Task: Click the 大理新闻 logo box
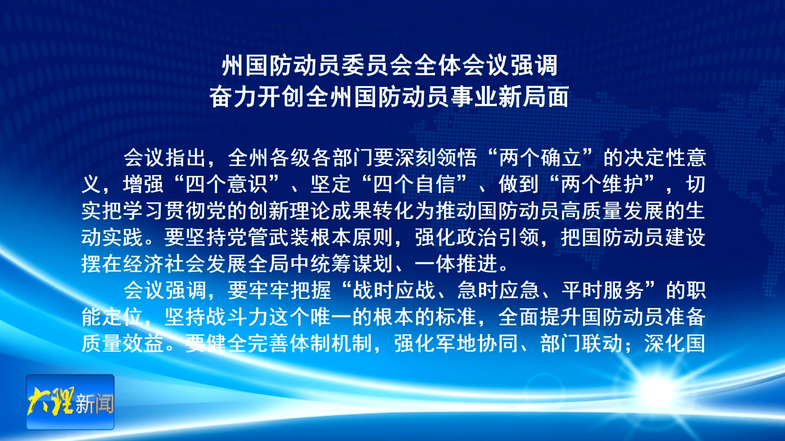(x=70, y=402)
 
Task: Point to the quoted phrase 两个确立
(x=540, y=158)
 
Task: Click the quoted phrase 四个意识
(x=227, y=185)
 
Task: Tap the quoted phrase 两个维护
(x=602, y=185)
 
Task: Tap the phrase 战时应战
(x=393, y=291)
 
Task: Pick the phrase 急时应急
(x=498, y=291)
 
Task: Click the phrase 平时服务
(x=603, y=291)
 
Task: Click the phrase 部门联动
(x=581, y=344)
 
